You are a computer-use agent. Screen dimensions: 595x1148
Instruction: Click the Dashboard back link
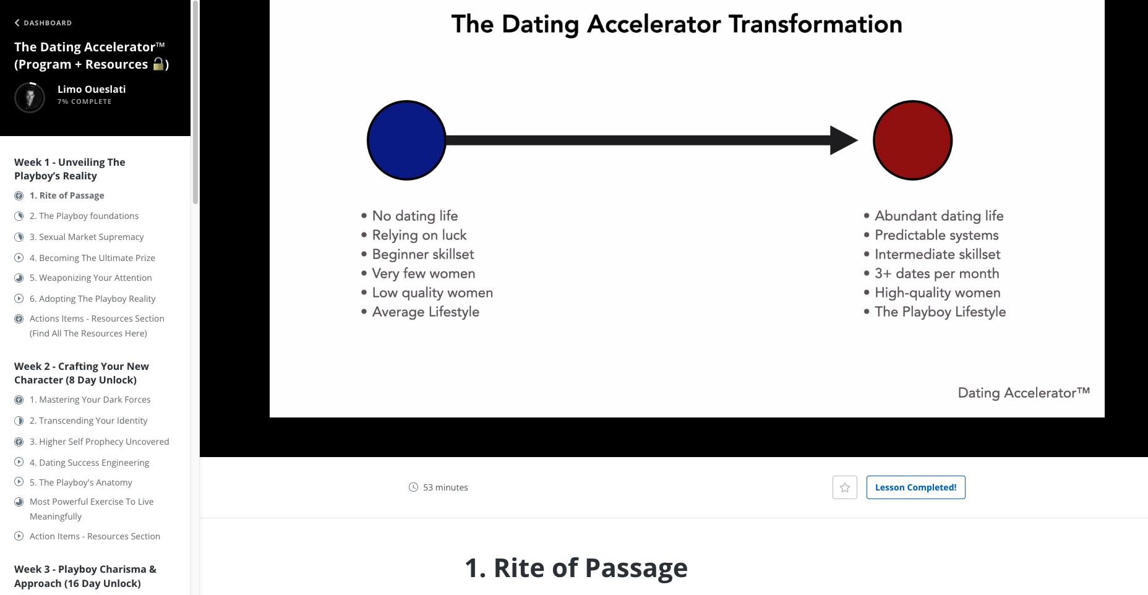pyautogui.click(x=43, y=23)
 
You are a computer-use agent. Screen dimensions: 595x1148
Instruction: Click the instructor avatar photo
pyautogui.click(x=30, y=97)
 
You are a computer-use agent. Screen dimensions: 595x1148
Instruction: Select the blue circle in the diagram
pyautogui.click(x=406, y=140)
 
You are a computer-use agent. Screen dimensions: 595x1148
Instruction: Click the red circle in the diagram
pyautogui.click(x=912, y=140)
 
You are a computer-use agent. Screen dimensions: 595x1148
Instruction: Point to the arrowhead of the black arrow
pyautogui.click(x=842, y=140)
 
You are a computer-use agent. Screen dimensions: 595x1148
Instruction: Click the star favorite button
pyautogui.click(x=844, y=487)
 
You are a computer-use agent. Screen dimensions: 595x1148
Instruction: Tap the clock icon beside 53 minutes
pyautogui.click(x=413, y=487)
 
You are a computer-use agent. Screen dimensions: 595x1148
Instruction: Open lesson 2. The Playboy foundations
pyautogui.click(x=88, y=216)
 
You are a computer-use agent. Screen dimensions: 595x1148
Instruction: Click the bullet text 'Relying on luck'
pyautogui.click(x=419, y=235)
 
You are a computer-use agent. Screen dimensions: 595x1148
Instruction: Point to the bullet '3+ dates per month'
pyautogui.click(x=936, y=273)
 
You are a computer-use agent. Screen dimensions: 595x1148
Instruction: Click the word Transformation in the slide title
pyautogui.click(x=815, y=25)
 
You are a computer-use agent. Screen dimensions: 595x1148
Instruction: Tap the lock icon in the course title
pyautogui.click(x=159, y=64)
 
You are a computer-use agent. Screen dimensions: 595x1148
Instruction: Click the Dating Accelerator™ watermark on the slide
pyautogui.click(x=1023, y=393)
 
